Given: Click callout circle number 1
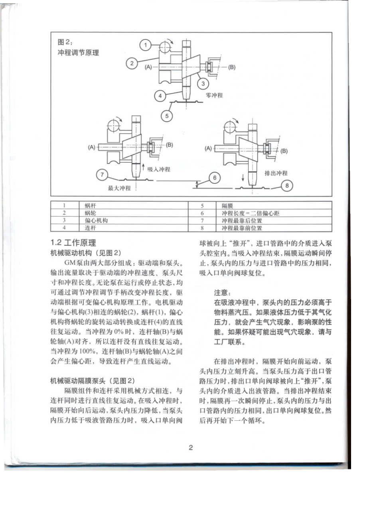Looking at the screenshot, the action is (x=146, y=45).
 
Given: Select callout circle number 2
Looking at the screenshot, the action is (x=132, y=63).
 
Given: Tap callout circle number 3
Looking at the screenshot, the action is (x=203, y=83).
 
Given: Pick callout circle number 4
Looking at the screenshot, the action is (x=160, y=96).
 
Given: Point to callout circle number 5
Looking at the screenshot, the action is (x=166, y=116).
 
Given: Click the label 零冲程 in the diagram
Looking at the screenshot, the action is (x=214, y=95).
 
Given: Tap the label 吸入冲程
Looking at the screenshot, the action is (x=159, y=169).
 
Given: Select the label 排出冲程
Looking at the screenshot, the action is (x=276, y=173).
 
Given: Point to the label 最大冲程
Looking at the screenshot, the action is (x=120, y=188).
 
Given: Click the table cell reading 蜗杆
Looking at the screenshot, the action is (x=91, y=206).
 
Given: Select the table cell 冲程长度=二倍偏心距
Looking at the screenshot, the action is (x=251, y=213).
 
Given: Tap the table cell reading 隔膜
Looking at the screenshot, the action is (x=227, y=206).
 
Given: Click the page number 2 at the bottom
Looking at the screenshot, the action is (x=191, y=447).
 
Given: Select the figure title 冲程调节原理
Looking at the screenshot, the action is (x=79, y=52).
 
